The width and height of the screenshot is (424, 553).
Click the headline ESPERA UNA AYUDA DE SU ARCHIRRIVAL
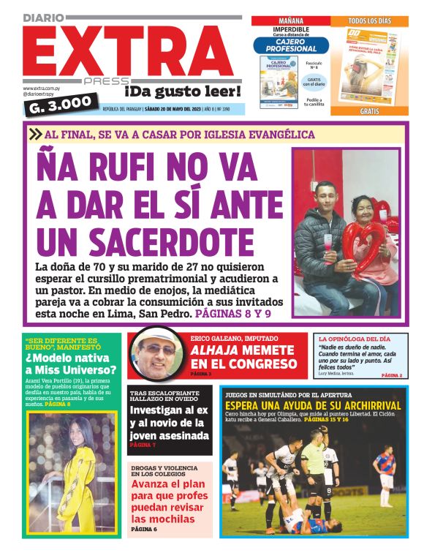313,406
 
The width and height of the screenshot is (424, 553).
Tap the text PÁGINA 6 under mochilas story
144,529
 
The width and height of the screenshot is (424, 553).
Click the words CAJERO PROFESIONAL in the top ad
292,45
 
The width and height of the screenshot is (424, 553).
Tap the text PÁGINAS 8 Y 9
232,313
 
